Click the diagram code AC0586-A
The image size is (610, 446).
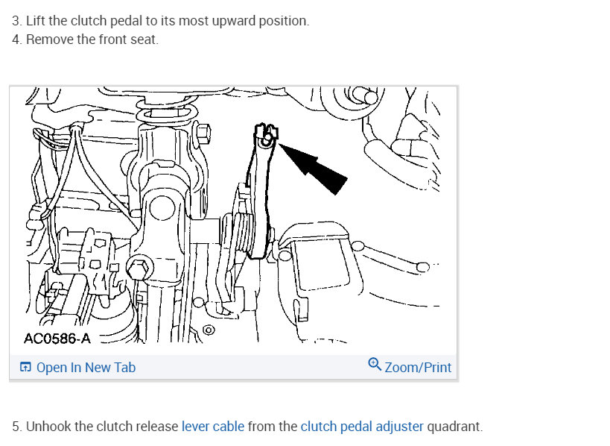57,338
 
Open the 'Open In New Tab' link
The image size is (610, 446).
86,367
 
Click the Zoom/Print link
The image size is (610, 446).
418,367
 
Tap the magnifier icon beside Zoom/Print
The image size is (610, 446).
375,365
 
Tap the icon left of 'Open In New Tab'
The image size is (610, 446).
26,367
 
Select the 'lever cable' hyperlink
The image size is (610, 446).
212,427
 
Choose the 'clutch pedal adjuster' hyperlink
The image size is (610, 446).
362,427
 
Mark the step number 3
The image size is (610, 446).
16,21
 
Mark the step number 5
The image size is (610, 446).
16,427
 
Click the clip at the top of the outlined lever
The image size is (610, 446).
267,134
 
